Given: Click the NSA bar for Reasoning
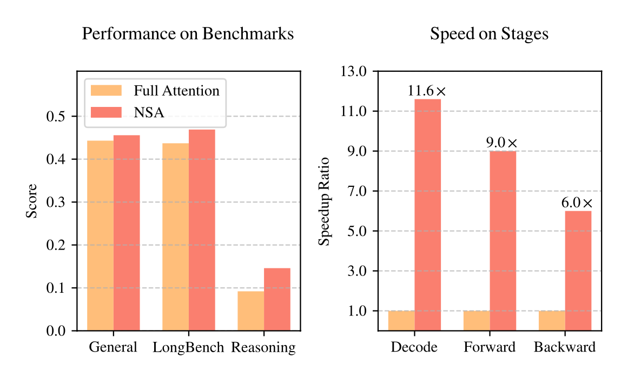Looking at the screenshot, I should pyautogui.click(x=277, y=299).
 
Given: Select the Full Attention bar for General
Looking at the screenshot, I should pyautogui.click(x=101, y=235).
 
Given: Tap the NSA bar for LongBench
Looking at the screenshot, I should pyautogui.click(x=202, y=230).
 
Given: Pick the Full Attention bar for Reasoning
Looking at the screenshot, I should pyautogui.click(x=250, y=311).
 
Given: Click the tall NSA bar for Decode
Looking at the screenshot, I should pyautogui.click(x=428, y=214).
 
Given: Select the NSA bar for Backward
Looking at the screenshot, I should pyautogui.click(x=578, y=270).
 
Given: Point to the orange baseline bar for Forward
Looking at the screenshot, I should pyautogui.click(x=477, y=320).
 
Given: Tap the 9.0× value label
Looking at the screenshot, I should pyautogui.click(x=501, y=143).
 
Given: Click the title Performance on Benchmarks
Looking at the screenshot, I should pyautogui.click(x=188, y=34).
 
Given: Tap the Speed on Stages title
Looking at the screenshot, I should pyautogui.click(x=489, y=34).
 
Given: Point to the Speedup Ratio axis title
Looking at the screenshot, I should pyautogui.click(x=324, y=201).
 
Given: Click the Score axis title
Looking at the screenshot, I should pyautogui.click(x=32, y=201).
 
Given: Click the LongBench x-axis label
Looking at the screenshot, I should pyautogui.click(x=188, y=347).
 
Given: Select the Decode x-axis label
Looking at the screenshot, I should pyautogui.click(x=414, y=347).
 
